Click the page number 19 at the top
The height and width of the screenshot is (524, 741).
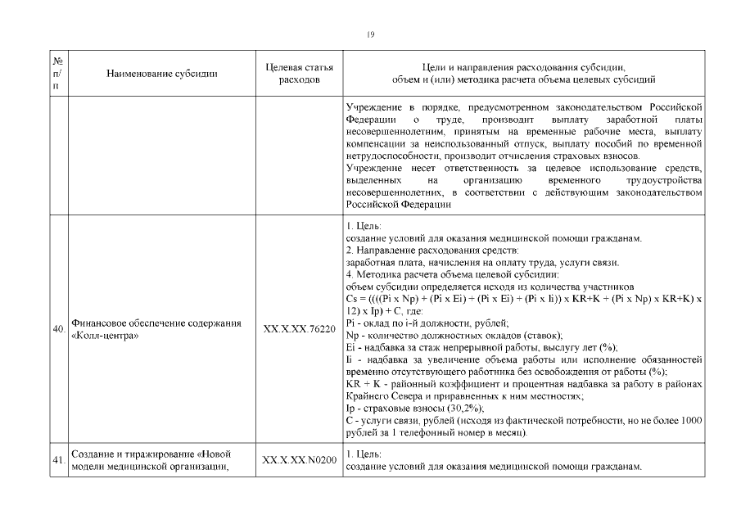pyautogui.click(x=370, y=34)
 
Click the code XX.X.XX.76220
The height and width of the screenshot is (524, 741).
pyautogui.click(x=299, y=329)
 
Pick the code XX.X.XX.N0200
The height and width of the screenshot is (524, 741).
pyautogui.click(x=299, y=460)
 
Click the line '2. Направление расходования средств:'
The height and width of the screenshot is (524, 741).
pyautogui.click(x=433, y=250)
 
